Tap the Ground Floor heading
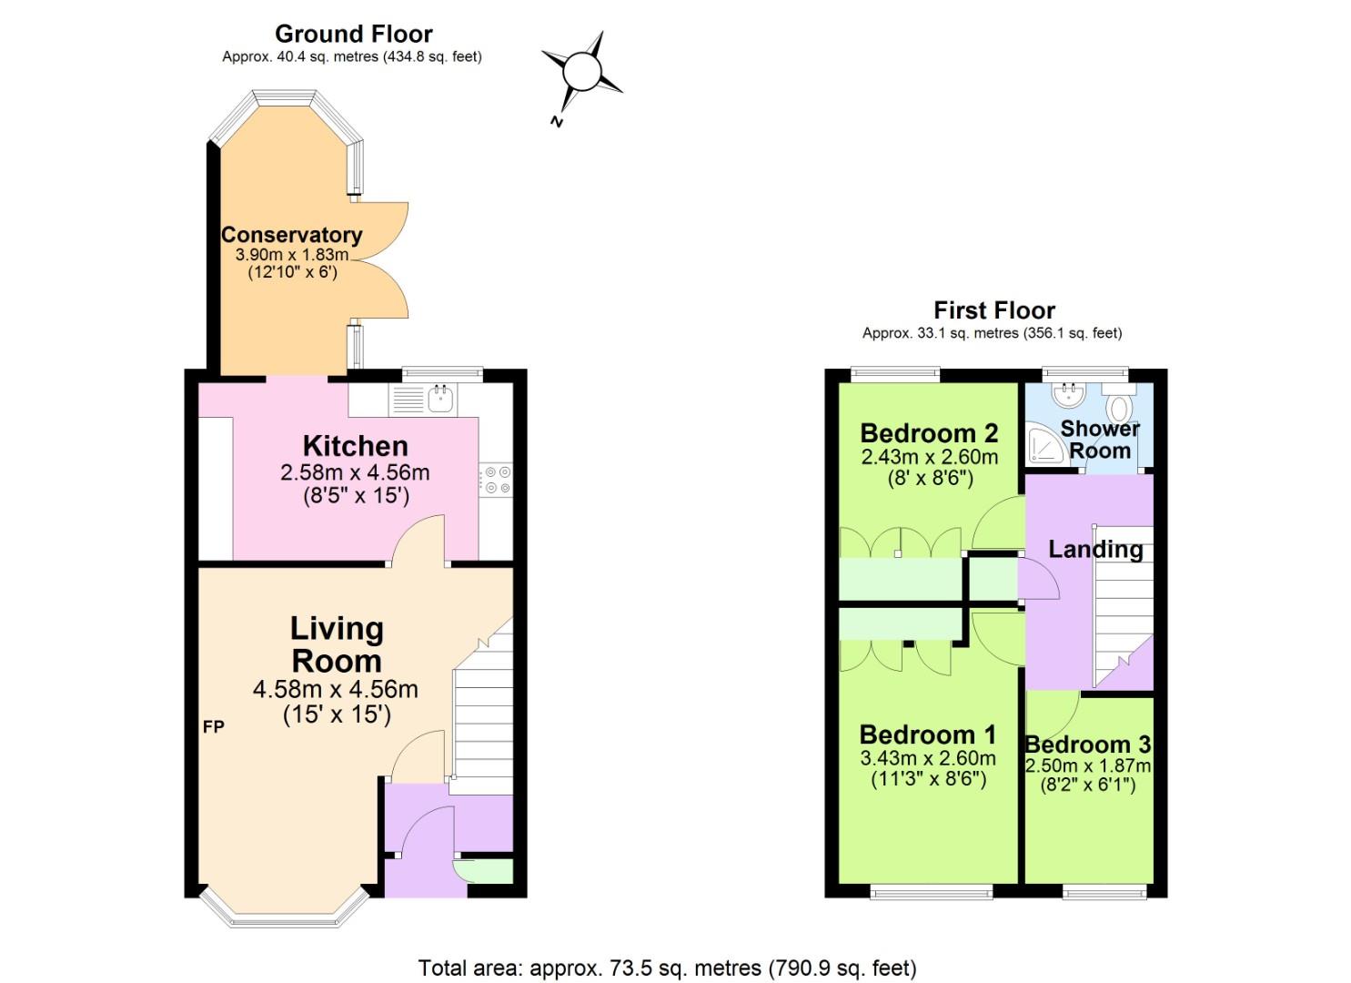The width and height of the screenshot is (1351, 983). coord(353,34)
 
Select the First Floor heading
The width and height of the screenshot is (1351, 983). coord(993,310)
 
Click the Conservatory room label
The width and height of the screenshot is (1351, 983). coord(291,235)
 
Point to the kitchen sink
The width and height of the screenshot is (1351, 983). coord(440,397)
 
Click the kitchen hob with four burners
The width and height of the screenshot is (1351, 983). coord(497,480)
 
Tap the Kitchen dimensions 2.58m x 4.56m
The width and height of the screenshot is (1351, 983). coord(355,472)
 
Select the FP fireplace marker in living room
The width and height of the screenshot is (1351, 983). coord(213,726)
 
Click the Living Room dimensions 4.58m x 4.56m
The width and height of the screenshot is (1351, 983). coord(335,689)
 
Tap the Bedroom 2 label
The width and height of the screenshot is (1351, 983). coord(929,432)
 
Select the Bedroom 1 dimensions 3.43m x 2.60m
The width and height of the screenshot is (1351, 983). coord(928,757)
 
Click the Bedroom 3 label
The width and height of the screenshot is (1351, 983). coord(1088,744)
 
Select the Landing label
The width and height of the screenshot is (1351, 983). coord(1095,549)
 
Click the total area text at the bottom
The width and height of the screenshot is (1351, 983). coord(667,968)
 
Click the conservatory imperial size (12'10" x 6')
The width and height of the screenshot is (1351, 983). coord(292,271)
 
